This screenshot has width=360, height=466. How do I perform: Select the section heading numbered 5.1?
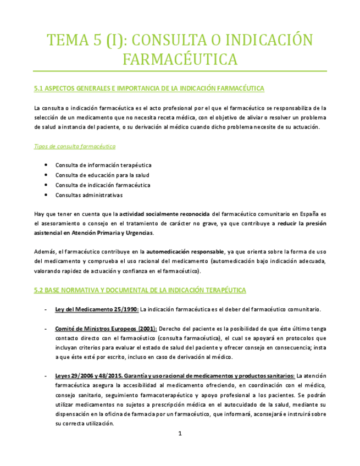click(149, 88)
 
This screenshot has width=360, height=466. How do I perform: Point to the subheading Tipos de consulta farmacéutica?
click(74, 147)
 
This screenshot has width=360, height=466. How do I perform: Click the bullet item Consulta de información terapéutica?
click(103, 165)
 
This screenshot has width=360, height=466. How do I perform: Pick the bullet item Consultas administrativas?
click(88, 195)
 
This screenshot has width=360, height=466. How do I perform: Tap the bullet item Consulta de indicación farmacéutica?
click(102, 185)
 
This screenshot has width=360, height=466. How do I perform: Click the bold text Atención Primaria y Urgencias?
click(107, 234)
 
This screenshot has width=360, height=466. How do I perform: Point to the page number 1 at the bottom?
click(180, 434)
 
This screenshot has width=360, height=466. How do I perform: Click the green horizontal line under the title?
click(180, 71)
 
